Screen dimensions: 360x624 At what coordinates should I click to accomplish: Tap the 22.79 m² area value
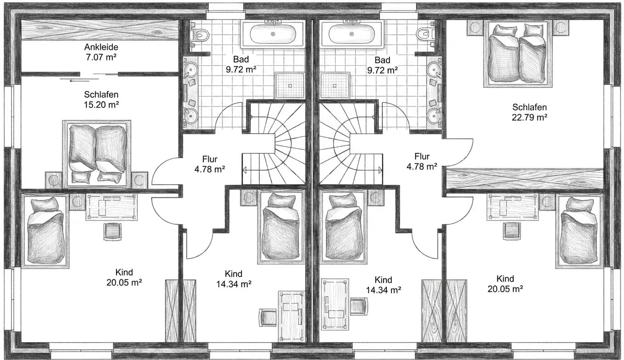tap(529, 117)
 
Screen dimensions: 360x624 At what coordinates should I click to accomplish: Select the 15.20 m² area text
tap(101, 105)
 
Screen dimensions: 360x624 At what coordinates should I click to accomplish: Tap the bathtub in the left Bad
tap(273, 34)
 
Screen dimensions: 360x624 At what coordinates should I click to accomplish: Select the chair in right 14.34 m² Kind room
tap(358, 306)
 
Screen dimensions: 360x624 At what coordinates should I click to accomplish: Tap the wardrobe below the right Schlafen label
tap(525, 179)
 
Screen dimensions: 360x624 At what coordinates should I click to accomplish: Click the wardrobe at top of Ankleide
tap(100, 30)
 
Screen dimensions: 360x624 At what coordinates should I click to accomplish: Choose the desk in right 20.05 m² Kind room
tap(513, 207)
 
